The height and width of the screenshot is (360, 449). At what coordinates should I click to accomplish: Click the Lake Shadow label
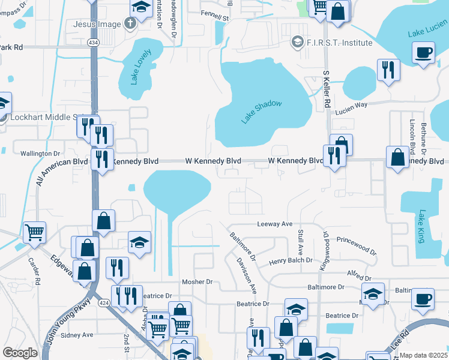click(x=262, y=112)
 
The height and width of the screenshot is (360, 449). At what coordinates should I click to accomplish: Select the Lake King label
click(x=421, y=226)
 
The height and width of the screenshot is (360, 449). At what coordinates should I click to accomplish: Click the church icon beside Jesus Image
click(x=129, y=25)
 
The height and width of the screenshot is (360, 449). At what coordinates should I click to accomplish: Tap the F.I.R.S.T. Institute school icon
click(x=297, y=43)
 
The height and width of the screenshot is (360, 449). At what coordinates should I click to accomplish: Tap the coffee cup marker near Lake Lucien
click(x=424, y=52)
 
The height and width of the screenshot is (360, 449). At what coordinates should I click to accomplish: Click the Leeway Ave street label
click(x=274, y=224)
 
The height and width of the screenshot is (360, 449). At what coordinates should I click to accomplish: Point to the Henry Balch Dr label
click(x=291, y=260)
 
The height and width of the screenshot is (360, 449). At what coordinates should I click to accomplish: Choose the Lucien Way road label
click(x=351, y=104)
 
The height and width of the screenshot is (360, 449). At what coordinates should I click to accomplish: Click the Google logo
click(x=20, y=353)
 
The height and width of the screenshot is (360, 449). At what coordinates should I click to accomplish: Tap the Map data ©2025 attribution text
click(x=423, y=355)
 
